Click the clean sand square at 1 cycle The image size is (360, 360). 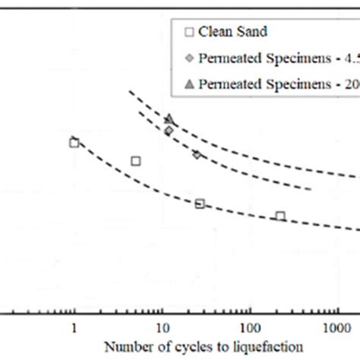coord(74,142)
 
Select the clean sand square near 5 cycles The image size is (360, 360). coord(136,160)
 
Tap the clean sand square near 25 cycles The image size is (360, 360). coord(200,203)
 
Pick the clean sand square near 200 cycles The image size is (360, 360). coord(280,216)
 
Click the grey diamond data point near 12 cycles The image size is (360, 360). coord(169,131)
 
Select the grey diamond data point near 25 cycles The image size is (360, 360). coord(197,154)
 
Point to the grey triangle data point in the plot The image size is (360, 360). coord(169,118)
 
